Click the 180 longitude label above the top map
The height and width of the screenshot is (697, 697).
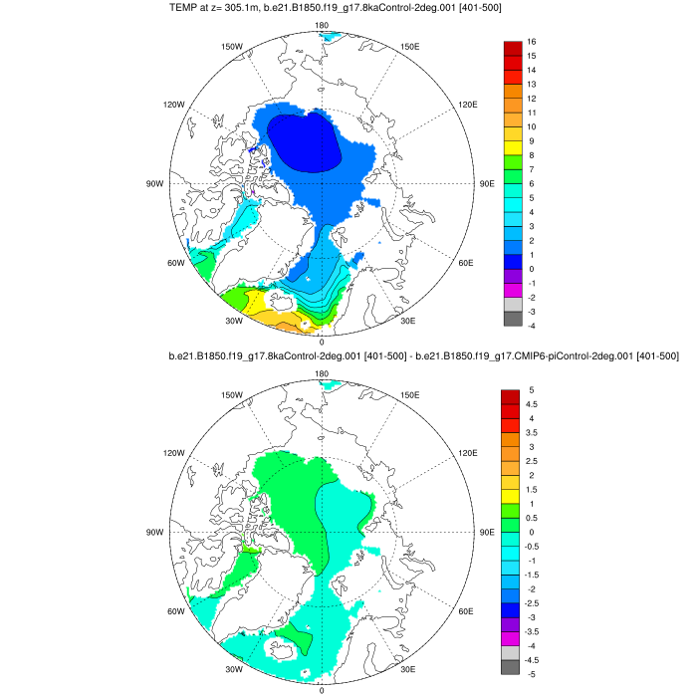(321, 26)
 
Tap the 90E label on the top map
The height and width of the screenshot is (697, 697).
(487, 184)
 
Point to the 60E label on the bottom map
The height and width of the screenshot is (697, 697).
(466, 612)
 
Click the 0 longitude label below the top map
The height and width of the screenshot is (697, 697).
(321, 342)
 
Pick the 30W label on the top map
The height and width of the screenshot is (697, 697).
(234, 321)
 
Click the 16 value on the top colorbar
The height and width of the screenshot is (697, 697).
(533, 42)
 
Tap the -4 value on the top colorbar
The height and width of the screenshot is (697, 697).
(533, 326)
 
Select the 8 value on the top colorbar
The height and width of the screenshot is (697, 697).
(532, 155)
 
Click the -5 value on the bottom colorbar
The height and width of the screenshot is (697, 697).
(533, 674)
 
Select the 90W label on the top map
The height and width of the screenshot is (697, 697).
(154, 184)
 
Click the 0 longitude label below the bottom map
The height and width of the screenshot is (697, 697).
(321, 690)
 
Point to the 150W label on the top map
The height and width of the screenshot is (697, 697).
(232, 47)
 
